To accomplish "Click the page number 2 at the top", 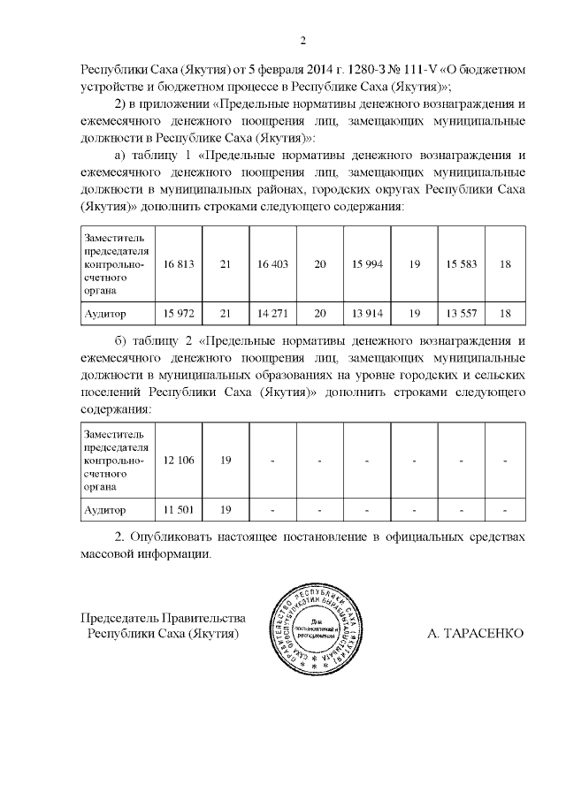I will [x=302, y=40].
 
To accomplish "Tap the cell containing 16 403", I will [x=273, y=264].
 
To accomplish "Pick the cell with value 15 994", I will [x=367, y=264].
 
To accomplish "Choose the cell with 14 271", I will [x=273, y=314].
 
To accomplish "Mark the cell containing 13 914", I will [x=367, y=314].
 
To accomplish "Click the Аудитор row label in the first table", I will [x=105, y=314].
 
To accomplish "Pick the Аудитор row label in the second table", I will [x=105, y=510].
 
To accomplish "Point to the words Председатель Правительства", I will [x=163, y=618].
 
